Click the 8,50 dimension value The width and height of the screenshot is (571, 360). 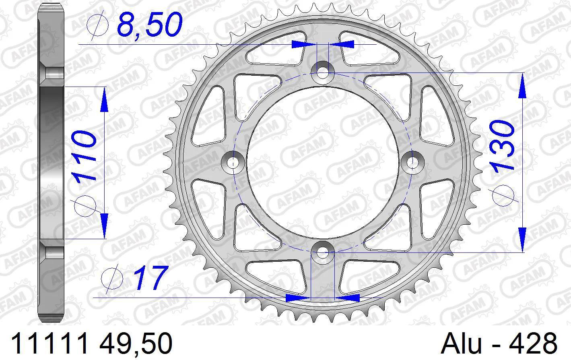[x=150, y=24]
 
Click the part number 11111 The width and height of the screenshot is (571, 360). [x=49, y=343]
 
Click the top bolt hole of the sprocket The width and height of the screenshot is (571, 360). [x=322, y=73]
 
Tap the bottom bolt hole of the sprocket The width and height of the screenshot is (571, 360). [x=322, y=252]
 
